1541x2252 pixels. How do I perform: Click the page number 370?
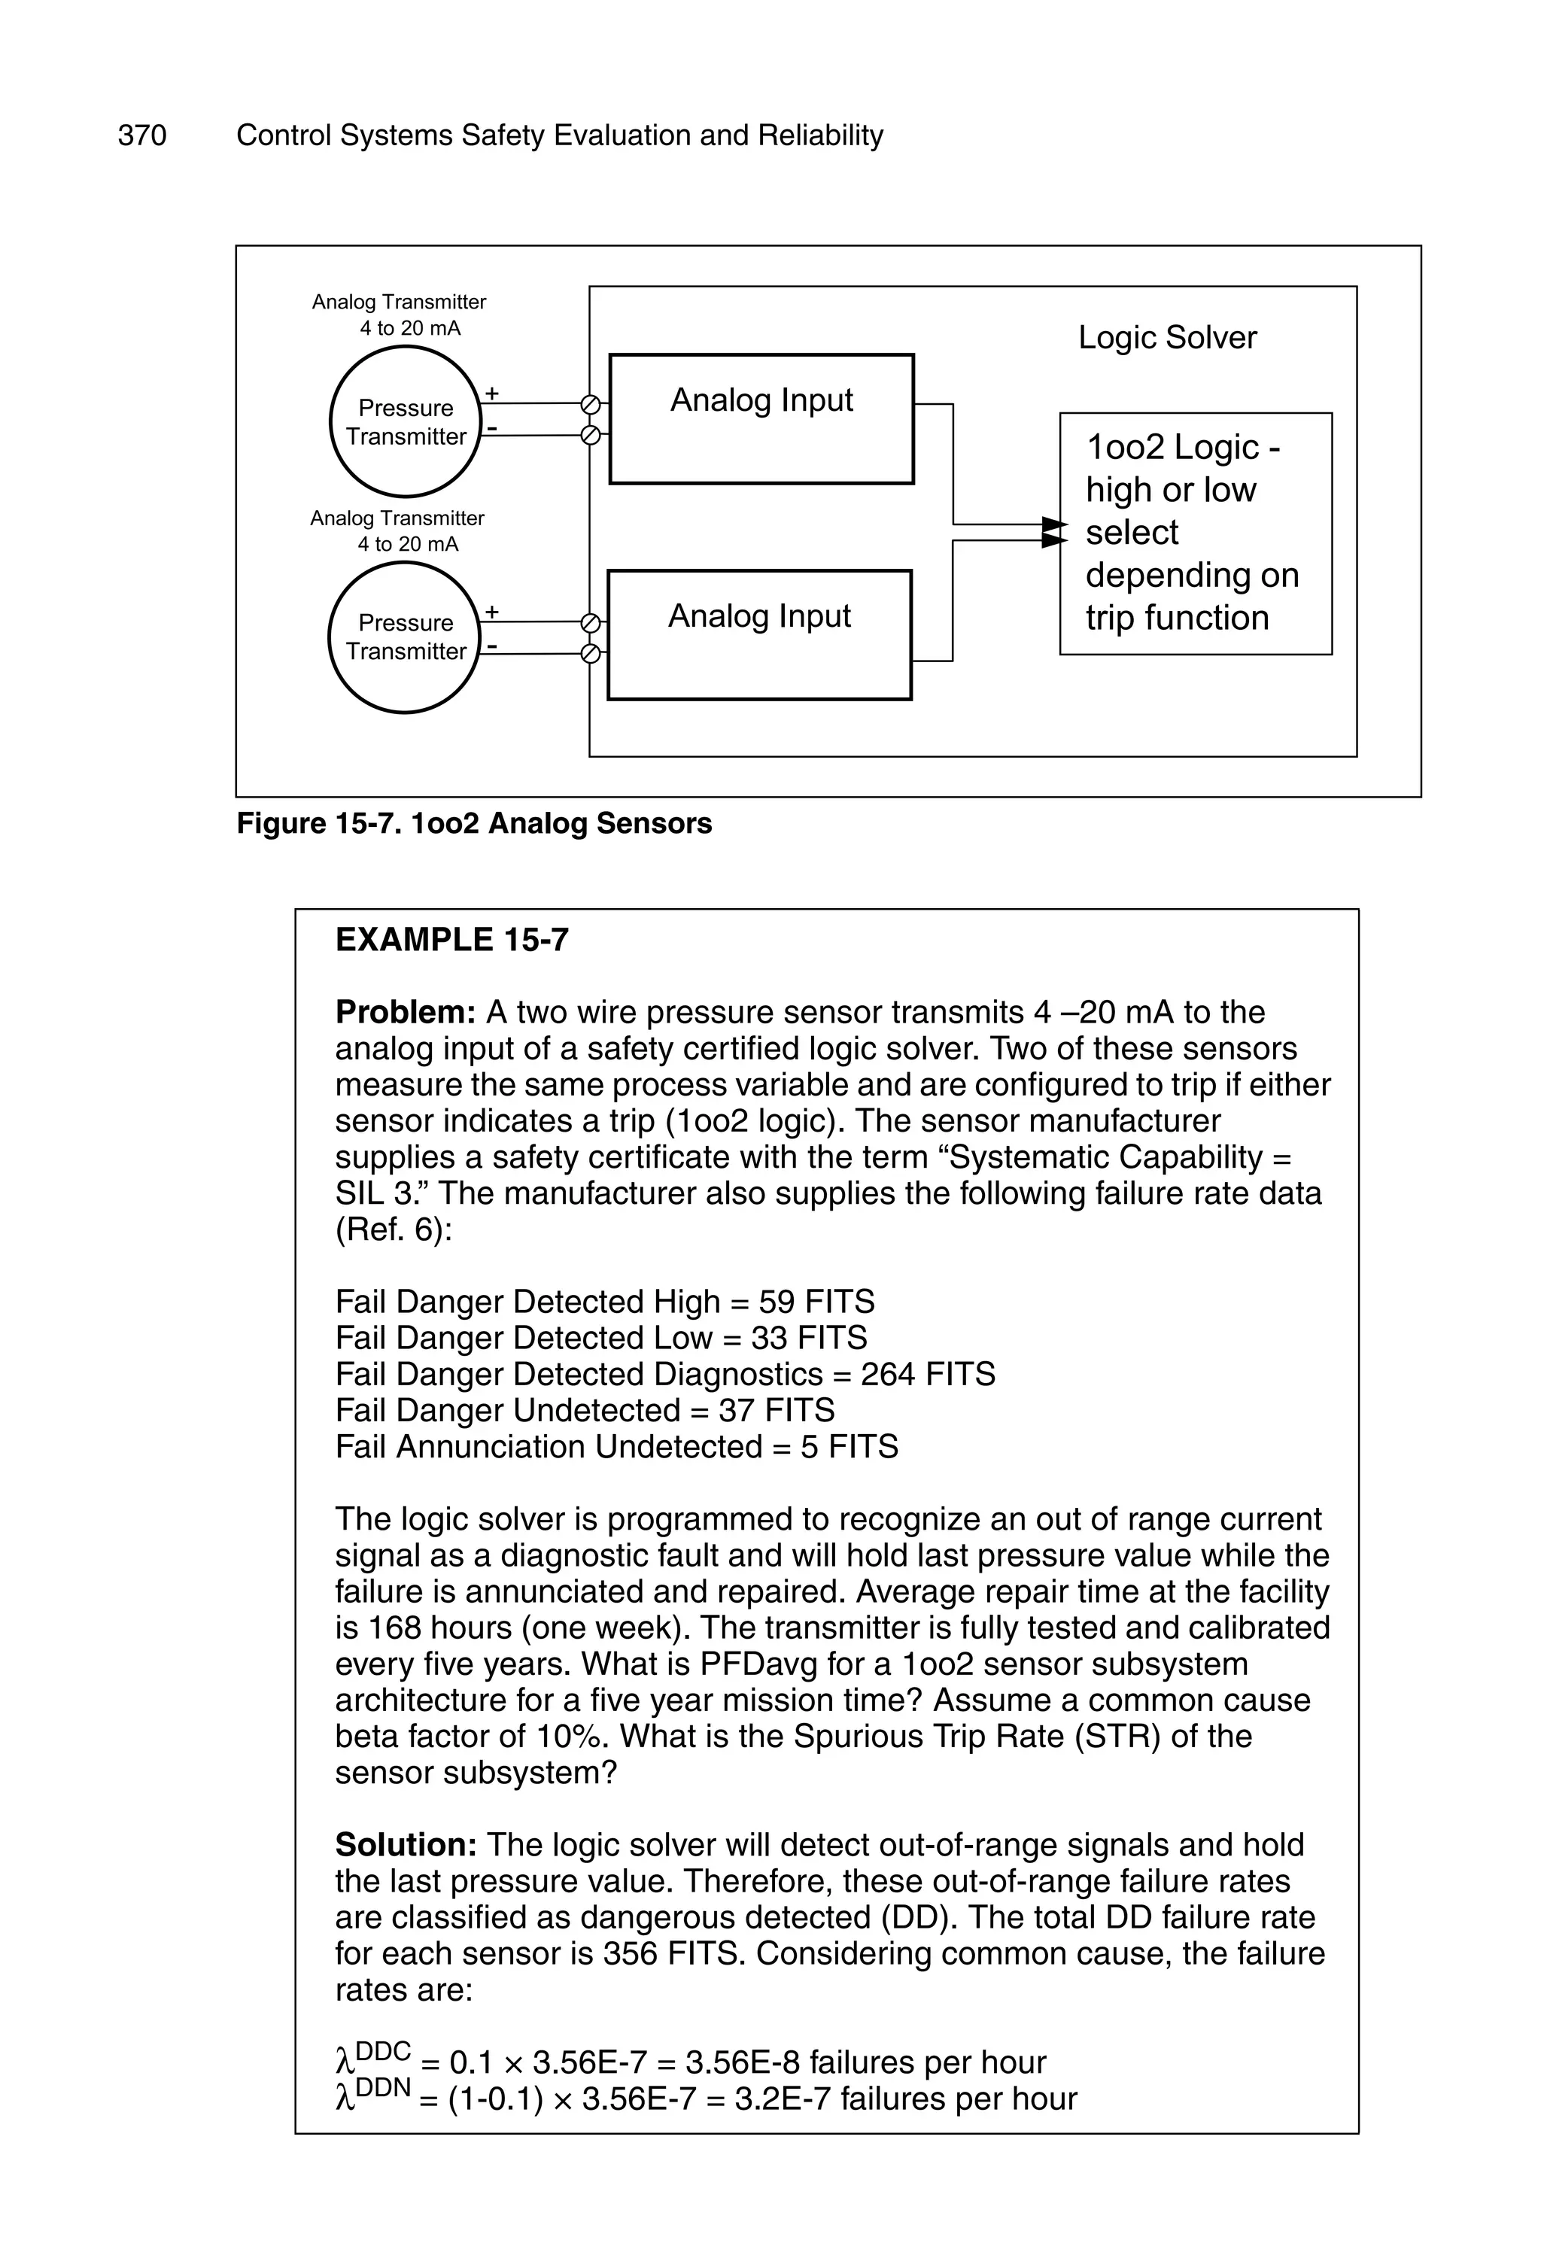141,135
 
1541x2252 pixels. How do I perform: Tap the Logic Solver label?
1167,337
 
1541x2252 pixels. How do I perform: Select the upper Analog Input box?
761,418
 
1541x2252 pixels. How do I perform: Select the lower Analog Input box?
759,635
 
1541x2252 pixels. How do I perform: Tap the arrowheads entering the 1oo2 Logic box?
1053,532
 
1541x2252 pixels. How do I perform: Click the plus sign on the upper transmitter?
492,394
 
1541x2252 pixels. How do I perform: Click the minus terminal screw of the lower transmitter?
589,654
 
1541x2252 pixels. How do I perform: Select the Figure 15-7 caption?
474,824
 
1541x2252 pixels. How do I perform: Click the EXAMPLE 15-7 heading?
451,940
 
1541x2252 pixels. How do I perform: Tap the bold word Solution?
406,1845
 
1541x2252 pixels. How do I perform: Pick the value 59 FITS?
816,1302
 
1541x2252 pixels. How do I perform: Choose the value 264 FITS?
928,1374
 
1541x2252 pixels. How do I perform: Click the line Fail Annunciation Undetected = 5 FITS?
616,1447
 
